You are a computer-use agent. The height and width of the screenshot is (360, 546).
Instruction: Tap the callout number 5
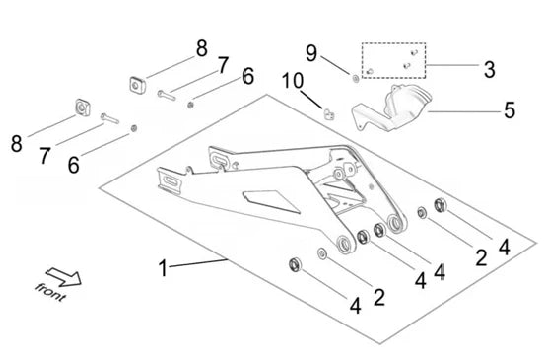510,110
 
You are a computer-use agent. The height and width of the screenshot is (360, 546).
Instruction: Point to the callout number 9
311,54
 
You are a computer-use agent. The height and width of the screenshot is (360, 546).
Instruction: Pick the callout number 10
293,80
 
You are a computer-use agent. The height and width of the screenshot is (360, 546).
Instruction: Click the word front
49,288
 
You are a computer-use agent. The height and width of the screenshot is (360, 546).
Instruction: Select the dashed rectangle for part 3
393,60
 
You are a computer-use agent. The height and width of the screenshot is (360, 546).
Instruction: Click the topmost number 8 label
201,47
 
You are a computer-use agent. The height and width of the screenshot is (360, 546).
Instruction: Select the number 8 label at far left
16,144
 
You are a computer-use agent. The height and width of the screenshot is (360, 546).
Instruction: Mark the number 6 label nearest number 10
248,76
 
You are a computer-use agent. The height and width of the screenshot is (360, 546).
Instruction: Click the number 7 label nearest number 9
224,64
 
